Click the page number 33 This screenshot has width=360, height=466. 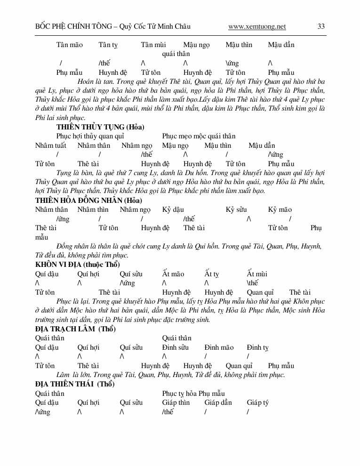321,26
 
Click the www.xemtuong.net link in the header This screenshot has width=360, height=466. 257,26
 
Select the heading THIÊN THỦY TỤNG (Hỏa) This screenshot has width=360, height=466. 100,127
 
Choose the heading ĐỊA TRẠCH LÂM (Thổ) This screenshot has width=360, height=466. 75,329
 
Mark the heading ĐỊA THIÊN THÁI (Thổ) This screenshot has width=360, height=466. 75,384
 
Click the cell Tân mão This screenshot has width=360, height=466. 69,45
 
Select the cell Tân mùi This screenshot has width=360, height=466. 153,45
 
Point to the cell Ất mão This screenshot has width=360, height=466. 173,274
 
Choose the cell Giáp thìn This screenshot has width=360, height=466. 176,402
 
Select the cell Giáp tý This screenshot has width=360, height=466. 258,402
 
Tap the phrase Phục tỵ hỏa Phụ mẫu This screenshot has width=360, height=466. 193,394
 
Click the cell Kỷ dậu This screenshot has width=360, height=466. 173,209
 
